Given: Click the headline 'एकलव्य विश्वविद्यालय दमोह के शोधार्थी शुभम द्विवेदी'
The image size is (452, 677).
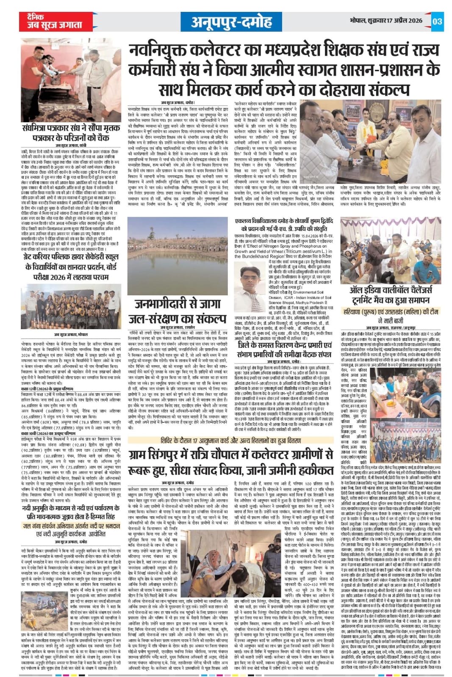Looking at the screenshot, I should (286, 225).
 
